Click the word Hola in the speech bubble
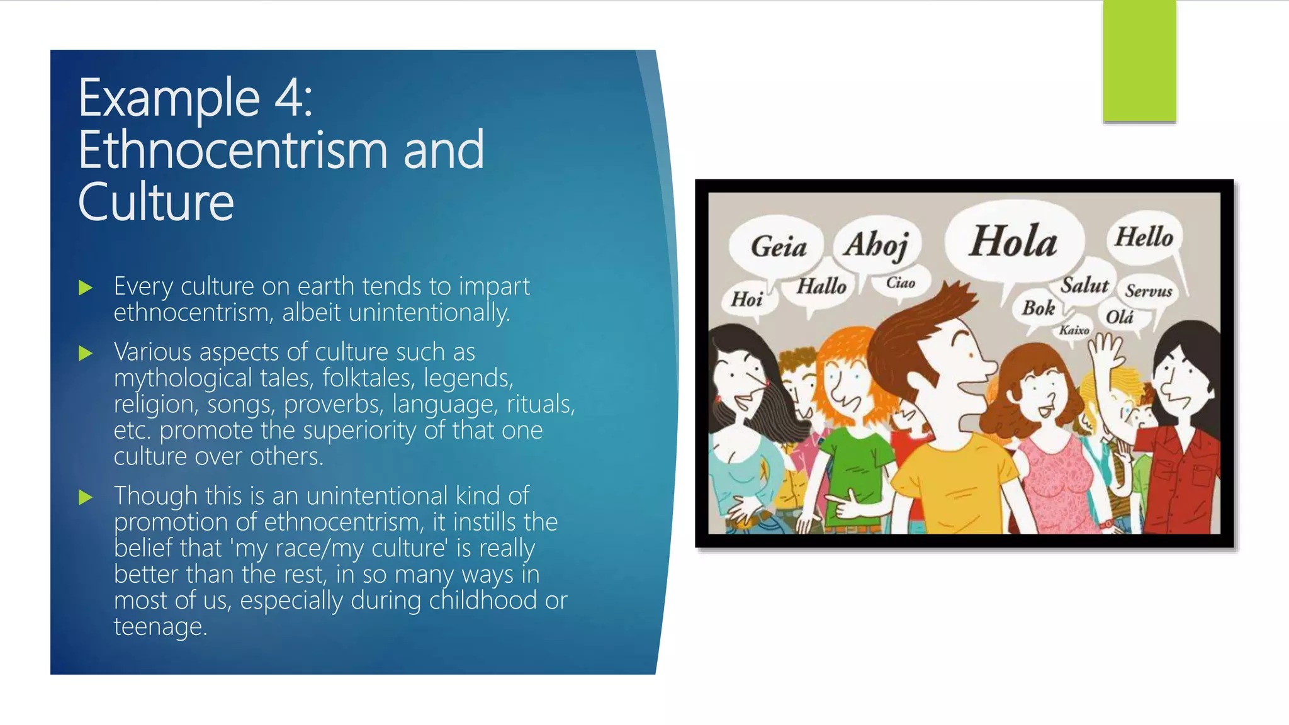click(1013, 242)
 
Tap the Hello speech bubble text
click(1144, 238)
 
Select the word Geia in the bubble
click(779, 246)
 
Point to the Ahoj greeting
click(877, 245)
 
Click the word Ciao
click(900, 283)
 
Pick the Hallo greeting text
click(821, 287)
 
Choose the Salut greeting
click(1084, 286)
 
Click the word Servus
click(1149, 291)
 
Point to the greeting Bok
click(1038, 308)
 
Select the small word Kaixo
click(1074, 330)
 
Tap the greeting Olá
click(1120, 317)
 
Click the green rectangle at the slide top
click(1139, 61)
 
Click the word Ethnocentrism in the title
click(233, 150)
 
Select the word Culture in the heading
click(156, 202)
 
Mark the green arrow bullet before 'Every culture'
click(86, 288)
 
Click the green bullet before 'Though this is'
click(86, 498)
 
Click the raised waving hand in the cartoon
click(1106, 350)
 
